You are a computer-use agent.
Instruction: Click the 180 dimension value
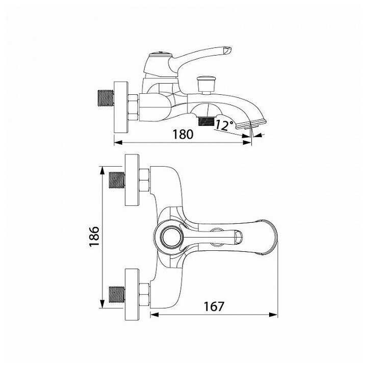(x=183, y=134)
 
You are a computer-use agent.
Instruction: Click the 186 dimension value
(x=94, y=237)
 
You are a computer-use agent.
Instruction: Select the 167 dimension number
(x=214, y=306)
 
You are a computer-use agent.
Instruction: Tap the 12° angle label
(x=224, y=125)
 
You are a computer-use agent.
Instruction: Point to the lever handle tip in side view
(x=227, y=50)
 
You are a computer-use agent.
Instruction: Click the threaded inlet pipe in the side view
(x=106, y=98)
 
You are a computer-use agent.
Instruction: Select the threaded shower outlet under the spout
(x=206, y=121)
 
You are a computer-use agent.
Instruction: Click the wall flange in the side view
(x=121, y=107)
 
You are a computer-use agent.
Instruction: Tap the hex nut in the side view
(x=134, y=108)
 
